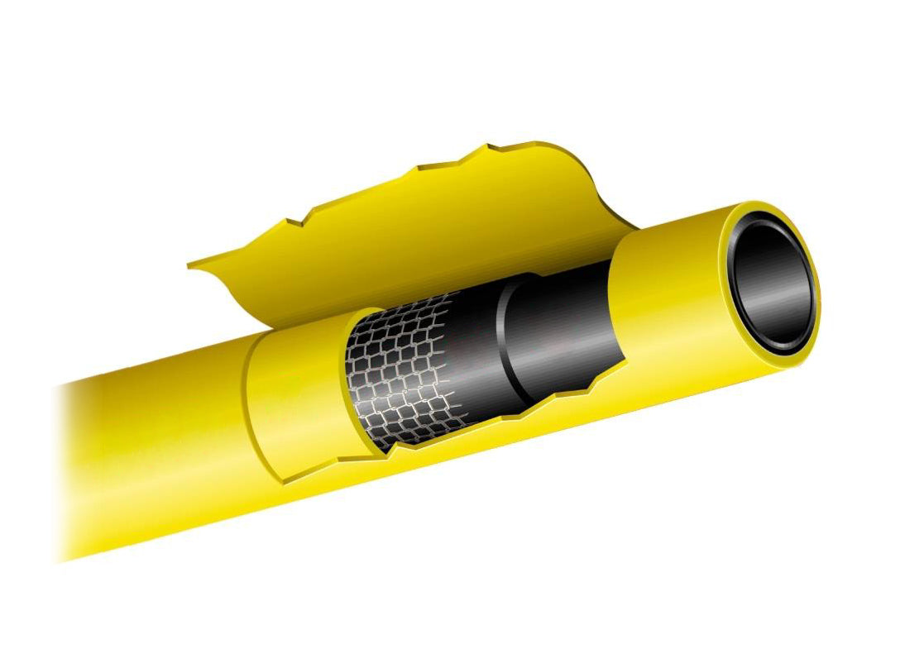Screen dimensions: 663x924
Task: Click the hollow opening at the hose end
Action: tap(771, 281)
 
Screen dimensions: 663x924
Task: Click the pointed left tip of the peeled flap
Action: tap(190, 265)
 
